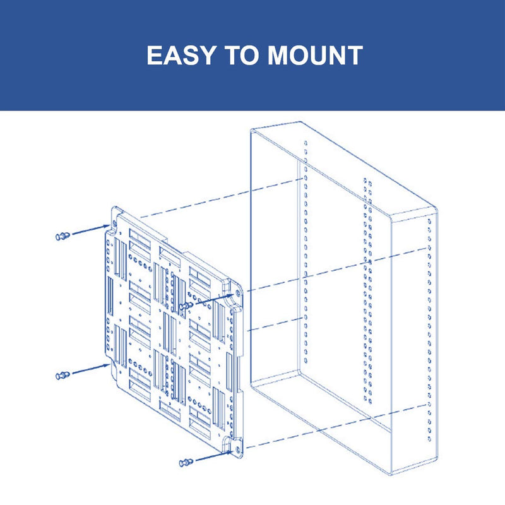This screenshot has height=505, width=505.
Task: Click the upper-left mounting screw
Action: point(62,236)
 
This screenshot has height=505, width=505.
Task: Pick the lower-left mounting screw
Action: point(62,375)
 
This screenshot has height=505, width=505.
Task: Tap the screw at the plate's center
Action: point(186,306)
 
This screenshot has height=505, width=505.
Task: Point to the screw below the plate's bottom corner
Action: point(186,463)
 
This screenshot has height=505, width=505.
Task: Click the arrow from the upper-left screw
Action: point(91,229)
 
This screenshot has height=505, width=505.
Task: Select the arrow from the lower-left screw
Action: point(91,369)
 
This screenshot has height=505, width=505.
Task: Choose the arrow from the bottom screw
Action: point(214,456)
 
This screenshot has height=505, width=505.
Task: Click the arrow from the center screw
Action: point(214,299)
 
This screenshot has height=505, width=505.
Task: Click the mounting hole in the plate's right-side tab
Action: point(238,294)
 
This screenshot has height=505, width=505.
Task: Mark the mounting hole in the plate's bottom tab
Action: point(238,450)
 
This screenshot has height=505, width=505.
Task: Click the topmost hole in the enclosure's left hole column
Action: point(306,143)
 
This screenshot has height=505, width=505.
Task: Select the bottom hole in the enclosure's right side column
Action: point(429,438)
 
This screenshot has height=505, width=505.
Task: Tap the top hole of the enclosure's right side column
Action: point(429,222)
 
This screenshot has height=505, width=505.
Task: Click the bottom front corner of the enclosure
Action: point(391,475)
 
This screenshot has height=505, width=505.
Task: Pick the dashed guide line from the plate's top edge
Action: point(222,198)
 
